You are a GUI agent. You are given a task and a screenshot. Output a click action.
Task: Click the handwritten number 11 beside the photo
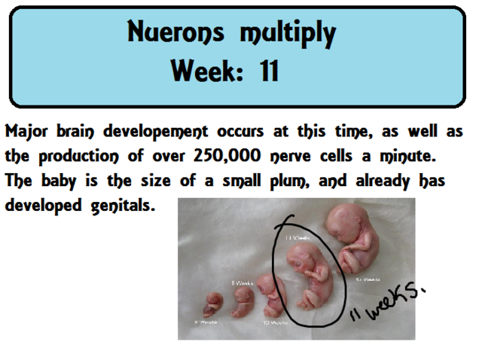355,312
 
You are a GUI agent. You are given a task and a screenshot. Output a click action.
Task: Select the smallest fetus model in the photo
212,305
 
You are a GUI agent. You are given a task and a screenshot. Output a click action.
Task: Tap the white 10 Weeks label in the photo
276,322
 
